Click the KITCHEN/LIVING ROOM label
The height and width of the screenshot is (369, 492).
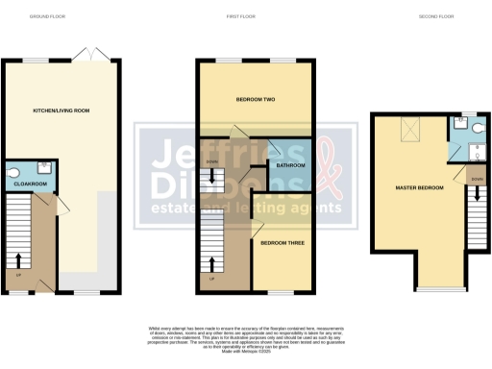[x=61, y=111]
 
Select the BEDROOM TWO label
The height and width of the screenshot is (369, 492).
[x=256, y=99]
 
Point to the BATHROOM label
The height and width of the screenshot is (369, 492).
[x=290, y=165]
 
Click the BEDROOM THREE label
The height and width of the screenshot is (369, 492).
[x=283, y=244]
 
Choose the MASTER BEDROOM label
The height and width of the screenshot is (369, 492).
[x=419, y=187]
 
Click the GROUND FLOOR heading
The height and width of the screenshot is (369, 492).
[x=45, y=17]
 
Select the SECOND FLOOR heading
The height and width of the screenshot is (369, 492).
[x=434, y=17]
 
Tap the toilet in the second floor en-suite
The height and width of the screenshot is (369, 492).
[x=462, y=122]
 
